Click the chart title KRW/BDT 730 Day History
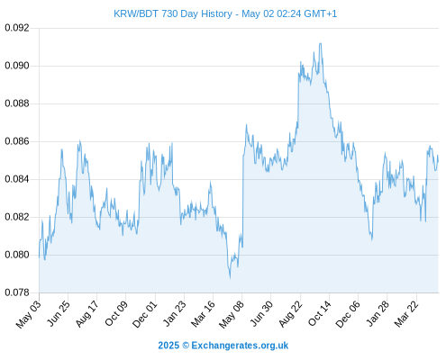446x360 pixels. tap(173, 13)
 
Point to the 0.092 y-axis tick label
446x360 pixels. tap(17, 28)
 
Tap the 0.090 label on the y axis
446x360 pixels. tap(17, 66)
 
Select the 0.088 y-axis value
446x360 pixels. tap(17, 103)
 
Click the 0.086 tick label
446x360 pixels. tap(17, 141)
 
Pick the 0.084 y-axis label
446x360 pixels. tap(17, 179)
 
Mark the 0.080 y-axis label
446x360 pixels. tap(17, 255)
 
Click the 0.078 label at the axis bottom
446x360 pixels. tap(17, 292)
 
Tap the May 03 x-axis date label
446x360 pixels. tap(28, 314)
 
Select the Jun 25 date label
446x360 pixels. tap(59, 313)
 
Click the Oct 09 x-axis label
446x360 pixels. tap(116, 313)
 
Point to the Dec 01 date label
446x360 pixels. tap(145, 314)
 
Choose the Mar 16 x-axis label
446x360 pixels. tap(204, 313)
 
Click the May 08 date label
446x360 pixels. tap(232, 314)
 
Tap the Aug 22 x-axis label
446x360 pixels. tap(290, 314)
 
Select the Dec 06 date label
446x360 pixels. tap(348, 314)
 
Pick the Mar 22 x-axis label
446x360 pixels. tap(406, 314)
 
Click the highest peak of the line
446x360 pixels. tap(321, 43)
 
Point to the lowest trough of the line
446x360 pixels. tap(230, 278)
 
